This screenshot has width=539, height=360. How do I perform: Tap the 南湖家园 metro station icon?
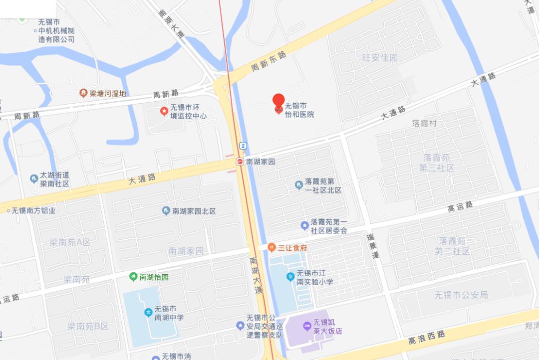240,162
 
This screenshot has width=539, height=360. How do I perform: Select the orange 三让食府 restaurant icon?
271,247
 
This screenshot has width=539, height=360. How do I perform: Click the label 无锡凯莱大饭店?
327,326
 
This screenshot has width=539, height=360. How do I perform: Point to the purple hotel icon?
306,326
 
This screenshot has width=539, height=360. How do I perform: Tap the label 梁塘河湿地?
107,93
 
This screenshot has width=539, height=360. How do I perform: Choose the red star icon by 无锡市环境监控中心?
163,111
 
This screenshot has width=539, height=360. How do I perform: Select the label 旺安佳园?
380,57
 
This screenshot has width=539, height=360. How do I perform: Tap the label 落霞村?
424,123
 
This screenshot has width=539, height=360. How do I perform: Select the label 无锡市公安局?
461,295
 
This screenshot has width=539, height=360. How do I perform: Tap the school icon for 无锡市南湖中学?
148,313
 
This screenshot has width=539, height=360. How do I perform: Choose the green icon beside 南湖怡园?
133,276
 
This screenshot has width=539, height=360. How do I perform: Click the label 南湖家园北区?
194,211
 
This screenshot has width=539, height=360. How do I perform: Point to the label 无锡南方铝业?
33,210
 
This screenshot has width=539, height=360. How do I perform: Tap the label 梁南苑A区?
70,242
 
